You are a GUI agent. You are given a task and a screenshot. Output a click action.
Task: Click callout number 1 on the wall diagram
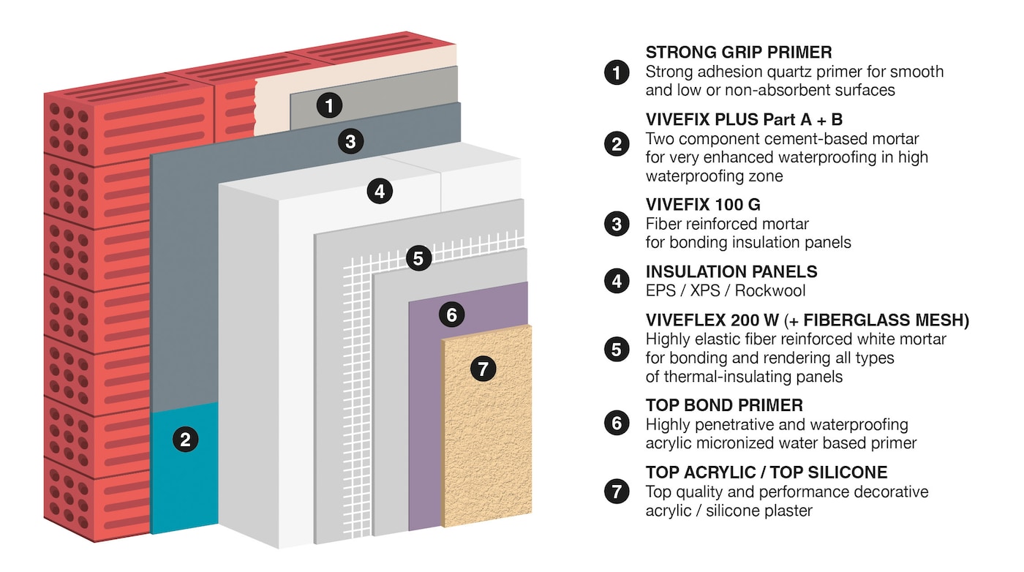(330, 105)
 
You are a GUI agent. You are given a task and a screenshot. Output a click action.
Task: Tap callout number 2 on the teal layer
(185, 440)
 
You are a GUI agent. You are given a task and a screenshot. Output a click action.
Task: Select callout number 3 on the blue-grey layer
(350, 141)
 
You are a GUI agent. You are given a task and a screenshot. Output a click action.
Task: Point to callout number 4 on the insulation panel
(380, 191)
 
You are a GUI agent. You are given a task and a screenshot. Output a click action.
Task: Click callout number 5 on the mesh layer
(418, 258)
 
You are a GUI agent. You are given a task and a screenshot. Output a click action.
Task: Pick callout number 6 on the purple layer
(452, 315)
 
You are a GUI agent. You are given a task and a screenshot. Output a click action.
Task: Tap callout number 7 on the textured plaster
(483, 369)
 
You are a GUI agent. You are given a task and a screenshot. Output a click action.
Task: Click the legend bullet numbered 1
(617, 72)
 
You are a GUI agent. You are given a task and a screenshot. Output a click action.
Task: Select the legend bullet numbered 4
(617, 281)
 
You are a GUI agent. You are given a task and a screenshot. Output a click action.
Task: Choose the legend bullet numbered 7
(617, 492)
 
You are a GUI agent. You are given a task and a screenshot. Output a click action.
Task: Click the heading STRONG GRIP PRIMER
(739, 52)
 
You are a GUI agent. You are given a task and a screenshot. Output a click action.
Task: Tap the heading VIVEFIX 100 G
(703, 204)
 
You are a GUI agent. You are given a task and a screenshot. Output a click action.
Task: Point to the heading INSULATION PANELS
(731, 271)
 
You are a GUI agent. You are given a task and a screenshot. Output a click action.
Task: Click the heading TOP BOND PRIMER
(724, 405)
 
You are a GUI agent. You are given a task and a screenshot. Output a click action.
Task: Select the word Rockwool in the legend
(770, 291)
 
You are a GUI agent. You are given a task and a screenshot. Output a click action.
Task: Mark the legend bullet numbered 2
(617, 144)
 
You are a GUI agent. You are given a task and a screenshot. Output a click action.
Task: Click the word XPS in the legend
(705, 291)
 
